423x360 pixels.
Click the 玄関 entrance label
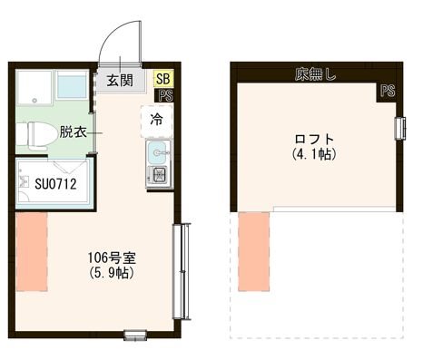point(119,80)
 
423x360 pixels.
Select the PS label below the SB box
point(165,94)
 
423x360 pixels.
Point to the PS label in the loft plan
point(388,91)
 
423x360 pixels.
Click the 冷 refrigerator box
point(157,120)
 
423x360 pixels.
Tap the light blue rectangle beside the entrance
point(72,86)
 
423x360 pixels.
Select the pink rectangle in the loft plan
point(254,252)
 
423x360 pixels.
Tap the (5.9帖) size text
point(113,272)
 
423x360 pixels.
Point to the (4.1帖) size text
point(314,154)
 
